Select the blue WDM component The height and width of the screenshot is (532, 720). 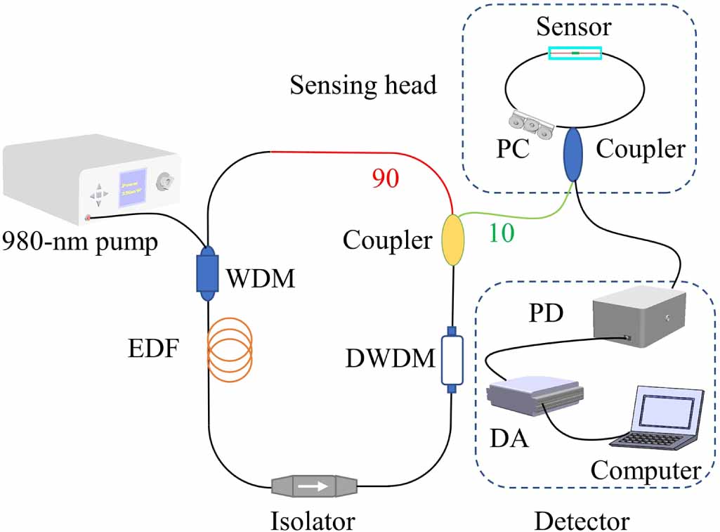[x=207, y=273]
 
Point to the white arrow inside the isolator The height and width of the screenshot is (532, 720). [x=314, y=485]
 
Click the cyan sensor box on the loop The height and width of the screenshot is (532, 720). [x=575, y=53]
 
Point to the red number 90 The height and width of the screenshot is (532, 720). [x=386, y=179]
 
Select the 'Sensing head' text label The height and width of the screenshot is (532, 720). [x=363, y=85]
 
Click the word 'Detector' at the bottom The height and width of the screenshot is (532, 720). [x=582, y=521]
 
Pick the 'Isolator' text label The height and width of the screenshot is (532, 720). [x=313, y=521]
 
